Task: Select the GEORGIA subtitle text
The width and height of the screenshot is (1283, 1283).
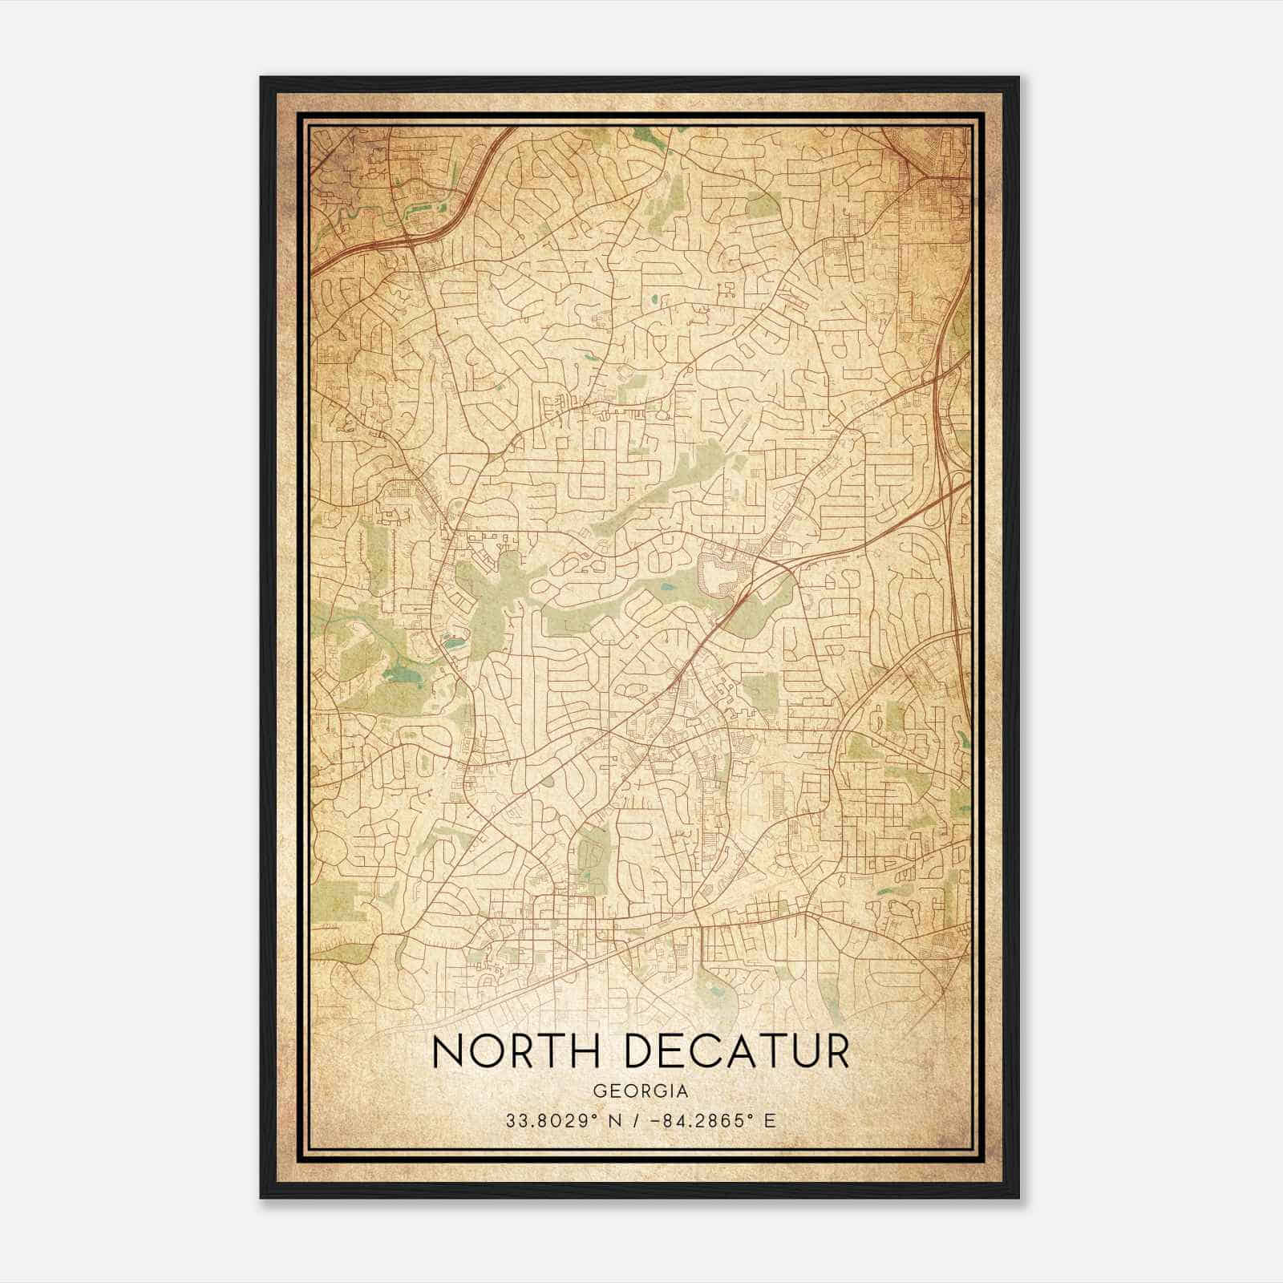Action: (x=641, y=1091)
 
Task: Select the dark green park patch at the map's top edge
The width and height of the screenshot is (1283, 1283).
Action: (x=650, y=137)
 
